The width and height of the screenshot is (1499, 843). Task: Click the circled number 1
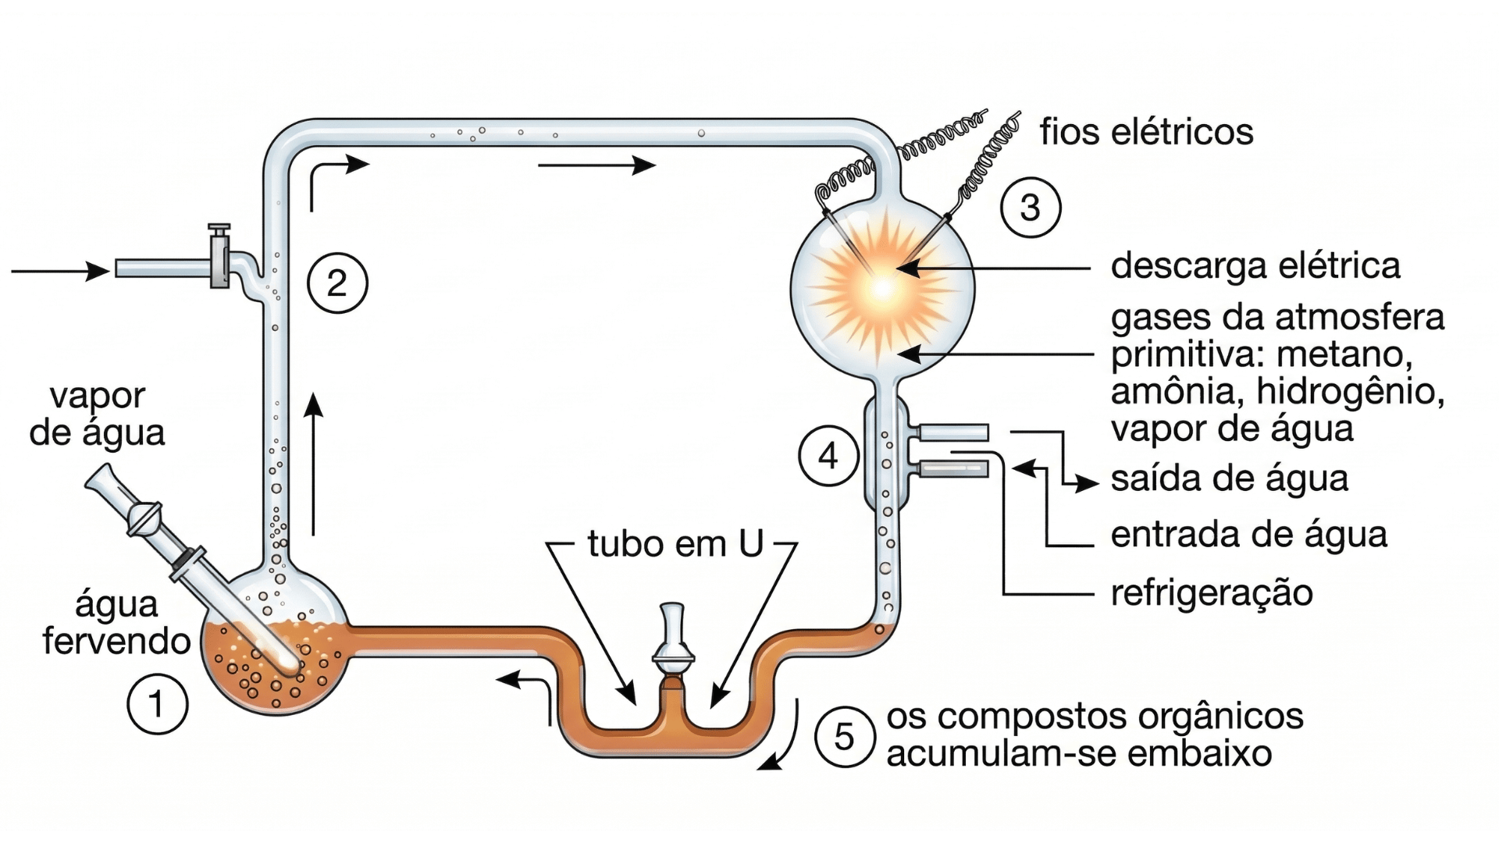157,704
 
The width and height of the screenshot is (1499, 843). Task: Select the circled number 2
337,283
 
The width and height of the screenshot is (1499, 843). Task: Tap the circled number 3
1030,208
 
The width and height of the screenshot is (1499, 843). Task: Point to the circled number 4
828,456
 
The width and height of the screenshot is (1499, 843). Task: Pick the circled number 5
844,738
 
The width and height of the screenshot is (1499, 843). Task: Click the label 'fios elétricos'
1146,132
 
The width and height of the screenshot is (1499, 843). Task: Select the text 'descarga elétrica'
1255,265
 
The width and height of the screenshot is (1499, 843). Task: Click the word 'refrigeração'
1212,593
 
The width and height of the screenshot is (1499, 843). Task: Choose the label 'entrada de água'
1248,535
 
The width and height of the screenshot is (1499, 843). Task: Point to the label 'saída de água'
1229,478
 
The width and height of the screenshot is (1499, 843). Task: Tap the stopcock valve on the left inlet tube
219,258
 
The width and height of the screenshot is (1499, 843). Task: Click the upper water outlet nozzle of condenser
953,432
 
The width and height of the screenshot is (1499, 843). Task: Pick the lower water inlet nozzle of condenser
953,469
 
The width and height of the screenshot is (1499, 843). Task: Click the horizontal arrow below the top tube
596,165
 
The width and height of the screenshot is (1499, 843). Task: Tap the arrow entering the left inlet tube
60,271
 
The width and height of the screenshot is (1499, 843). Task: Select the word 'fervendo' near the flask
117,642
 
